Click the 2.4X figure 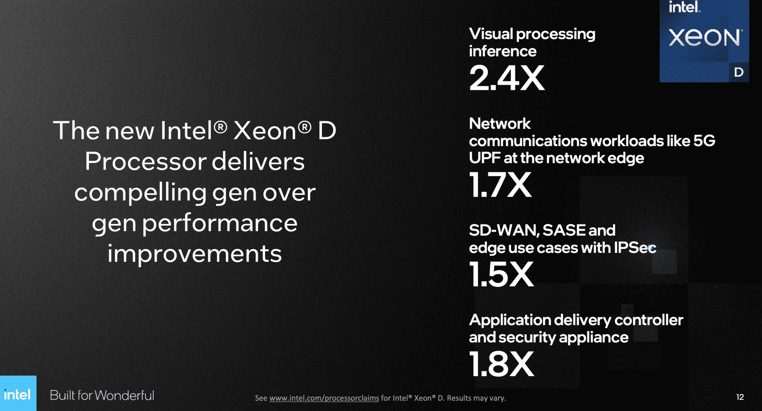click(507, 78)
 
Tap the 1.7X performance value click(500, 185)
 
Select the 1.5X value click(502, 274)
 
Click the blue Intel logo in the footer click(18, 393)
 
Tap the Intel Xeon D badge click(704, 41)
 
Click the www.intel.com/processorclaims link click(324, 398)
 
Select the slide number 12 click(740, 397)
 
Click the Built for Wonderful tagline click(102, 395)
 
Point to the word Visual click(491, 34)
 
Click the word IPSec click(635, 247)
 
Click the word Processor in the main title click(146, 161)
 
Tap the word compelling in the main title click(140, 193)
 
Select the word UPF click(485, 158)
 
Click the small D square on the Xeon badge click(739, 72)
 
